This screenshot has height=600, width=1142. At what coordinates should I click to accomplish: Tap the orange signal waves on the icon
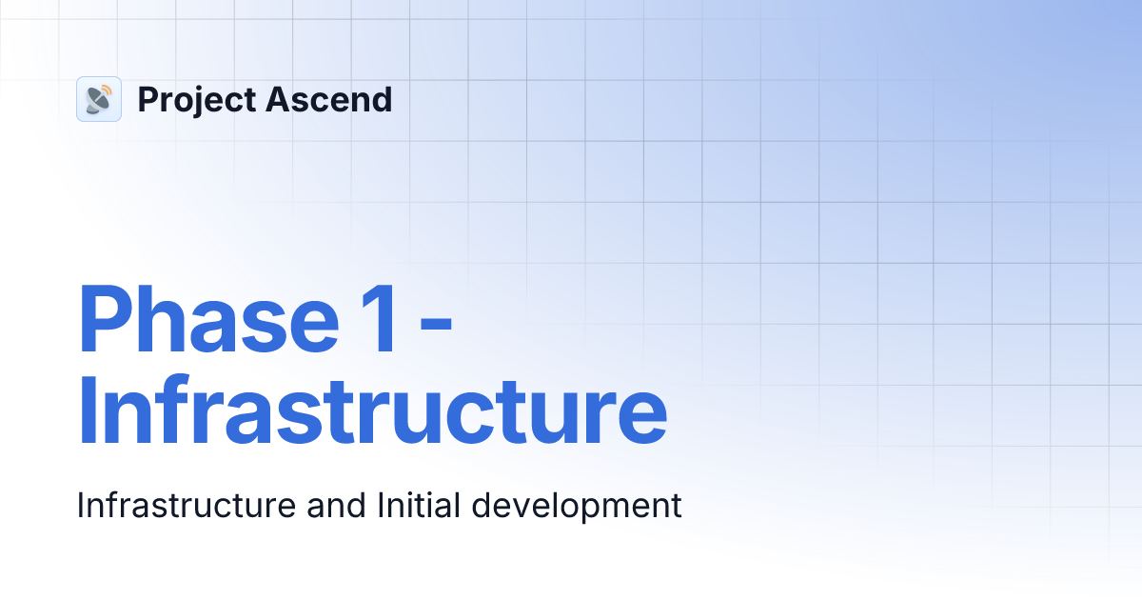click(106, 91)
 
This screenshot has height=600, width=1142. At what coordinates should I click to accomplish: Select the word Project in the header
click(197, 100)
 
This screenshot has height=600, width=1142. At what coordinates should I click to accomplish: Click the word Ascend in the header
click(329, 99)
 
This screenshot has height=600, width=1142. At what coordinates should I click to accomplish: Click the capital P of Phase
click(103, 320)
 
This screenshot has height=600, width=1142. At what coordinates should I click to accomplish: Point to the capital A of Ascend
click(279, 99)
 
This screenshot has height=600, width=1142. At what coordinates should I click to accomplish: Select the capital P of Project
click(147, 99)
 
